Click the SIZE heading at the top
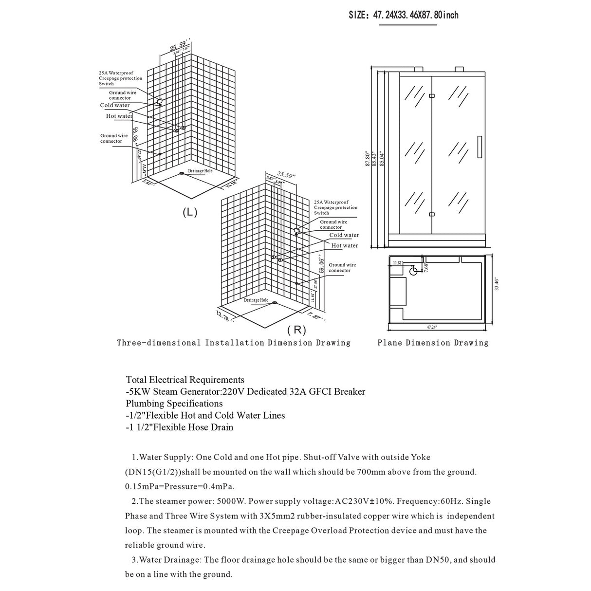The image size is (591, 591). [x=404, y=15]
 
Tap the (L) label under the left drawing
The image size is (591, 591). [x=190, y=212]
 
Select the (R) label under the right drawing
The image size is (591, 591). [x=296, y=330]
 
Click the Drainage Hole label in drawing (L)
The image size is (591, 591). [x=200, y=171]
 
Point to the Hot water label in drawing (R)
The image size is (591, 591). [x=345, y=246]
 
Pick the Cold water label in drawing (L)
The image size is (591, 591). [x=115, y=105]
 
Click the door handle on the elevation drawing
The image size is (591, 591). [x=479, y=146]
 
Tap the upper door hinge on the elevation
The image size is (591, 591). [x=432, y=95]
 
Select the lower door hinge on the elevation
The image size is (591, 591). [x=432, y=214]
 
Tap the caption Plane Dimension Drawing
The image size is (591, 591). [x=433, y=343]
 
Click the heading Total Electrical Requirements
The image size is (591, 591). [x=185, y=380]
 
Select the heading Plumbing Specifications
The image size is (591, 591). [x=174, y=404]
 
